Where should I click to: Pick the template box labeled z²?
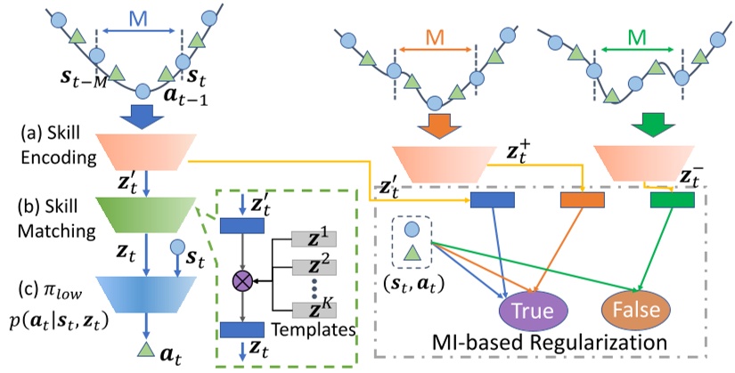click(x=315, y=268)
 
